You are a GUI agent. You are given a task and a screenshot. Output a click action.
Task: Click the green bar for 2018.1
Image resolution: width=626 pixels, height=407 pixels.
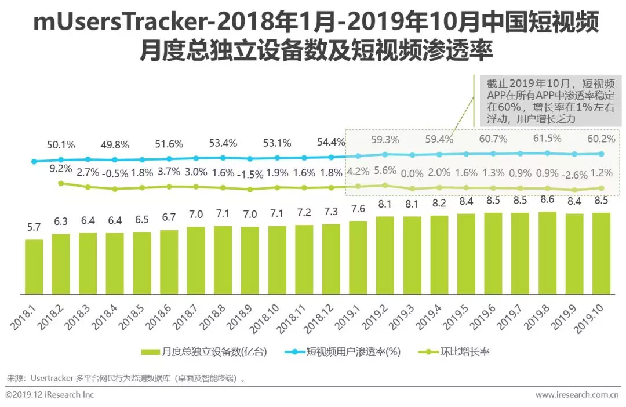coord(34,267)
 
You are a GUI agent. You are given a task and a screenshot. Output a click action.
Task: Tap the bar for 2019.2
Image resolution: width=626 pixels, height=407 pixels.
coord(385,256)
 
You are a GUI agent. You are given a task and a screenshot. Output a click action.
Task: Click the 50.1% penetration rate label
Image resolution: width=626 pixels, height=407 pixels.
coord(61,144)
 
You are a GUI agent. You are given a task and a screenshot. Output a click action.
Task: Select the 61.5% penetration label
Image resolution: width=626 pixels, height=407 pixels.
coord(547,139)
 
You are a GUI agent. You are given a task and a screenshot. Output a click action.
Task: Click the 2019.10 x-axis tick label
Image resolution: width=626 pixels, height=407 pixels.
coord(590,318)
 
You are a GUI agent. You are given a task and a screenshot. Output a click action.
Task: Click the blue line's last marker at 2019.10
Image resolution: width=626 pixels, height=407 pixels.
coord(601,154)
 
